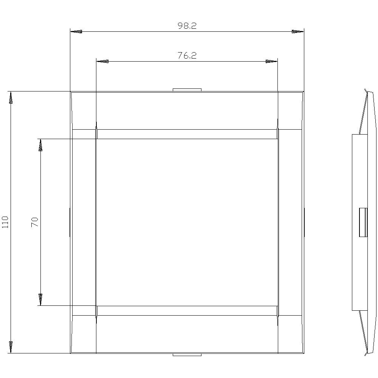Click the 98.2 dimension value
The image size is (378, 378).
click(x=187, y=26)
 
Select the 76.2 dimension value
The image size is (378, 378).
click(x=187, y=56)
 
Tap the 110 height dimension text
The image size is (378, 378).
click(x=5, y=222)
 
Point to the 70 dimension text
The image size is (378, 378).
click(x=35, y=222)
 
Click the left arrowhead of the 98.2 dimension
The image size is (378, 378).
click(x=77, y=32)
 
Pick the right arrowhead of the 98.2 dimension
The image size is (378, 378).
click(x=297, y=32)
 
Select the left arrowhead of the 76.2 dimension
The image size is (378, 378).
click(x=102, y=61)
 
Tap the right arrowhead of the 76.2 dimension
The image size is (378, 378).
click(x=271, y=61)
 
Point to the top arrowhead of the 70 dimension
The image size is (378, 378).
click(x=40, y=145)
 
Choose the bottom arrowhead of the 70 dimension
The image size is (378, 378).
click(x=40, y=299)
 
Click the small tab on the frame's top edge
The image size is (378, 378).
click(x=187, y=90)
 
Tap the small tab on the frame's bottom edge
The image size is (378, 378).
click(x=187, y=355)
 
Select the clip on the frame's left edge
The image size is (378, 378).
click(x=70, y=222)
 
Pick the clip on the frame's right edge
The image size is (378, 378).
click(x=304, y=222)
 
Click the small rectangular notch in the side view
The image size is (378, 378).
click(x=363, y=222)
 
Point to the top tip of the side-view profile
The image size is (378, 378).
click(x=365, y=90)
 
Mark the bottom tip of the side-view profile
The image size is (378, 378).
click(x=365, y=354)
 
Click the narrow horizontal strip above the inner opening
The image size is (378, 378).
click(x=187, y=134)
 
